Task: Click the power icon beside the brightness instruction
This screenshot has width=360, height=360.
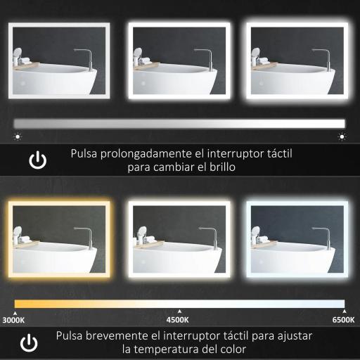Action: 37,160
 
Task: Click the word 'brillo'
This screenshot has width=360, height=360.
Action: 220,169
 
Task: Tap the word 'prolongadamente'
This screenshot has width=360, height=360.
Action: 143,153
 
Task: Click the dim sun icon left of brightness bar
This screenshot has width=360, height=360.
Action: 18,136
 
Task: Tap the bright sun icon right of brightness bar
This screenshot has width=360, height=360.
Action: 342,136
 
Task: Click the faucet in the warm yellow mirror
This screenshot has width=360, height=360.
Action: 86,236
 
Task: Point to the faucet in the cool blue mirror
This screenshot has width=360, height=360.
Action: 326,236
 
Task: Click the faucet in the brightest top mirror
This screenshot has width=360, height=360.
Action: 326,57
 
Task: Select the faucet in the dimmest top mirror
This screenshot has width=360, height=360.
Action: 86,57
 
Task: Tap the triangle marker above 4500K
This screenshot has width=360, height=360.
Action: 179,311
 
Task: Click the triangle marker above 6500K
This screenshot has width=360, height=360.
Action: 344,311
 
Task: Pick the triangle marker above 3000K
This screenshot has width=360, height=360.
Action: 15,311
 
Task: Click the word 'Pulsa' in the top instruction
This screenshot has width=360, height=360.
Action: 84,153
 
